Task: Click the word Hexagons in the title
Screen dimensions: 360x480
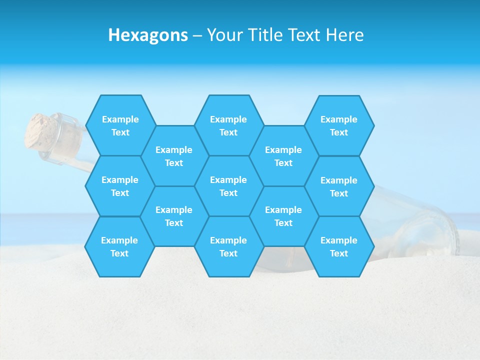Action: (148, 35)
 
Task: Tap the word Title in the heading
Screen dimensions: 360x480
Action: (265, 35)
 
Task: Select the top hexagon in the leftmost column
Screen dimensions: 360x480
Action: (120, 125)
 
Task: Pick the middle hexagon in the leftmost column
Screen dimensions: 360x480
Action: (120, 186)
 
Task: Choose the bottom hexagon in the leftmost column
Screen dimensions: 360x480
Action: (119, 246)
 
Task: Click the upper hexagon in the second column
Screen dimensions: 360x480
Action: (174, 156)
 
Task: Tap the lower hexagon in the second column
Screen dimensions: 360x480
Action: (174, 216)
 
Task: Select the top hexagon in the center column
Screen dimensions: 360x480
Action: (228, 125)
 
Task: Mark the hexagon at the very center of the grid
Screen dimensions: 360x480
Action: (228, 186)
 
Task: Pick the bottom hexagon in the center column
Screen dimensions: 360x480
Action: (228, 246)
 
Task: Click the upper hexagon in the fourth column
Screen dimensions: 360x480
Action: (283, 156)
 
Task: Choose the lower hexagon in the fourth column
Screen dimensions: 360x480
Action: (283, 216)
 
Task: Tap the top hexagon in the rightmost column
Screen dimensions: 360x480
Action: (339, 125)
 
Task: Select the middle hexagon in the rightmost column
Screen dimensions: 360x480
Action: (339, 186)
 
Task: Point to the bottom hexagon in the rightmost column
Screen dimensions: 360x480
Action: (339, 246)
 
